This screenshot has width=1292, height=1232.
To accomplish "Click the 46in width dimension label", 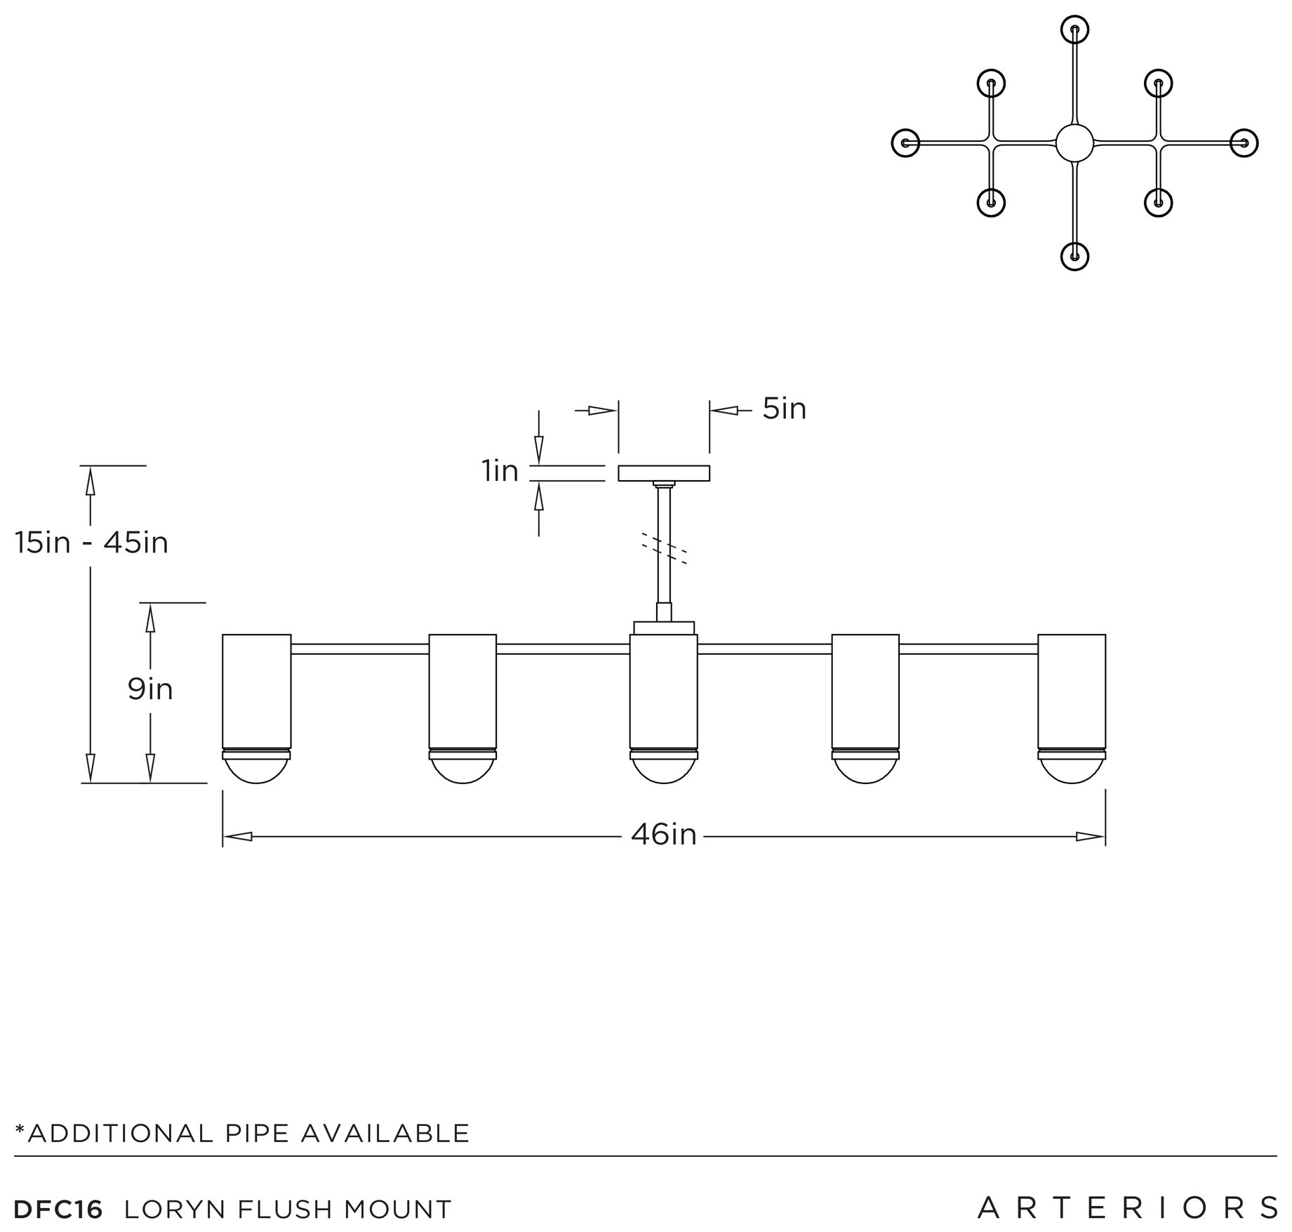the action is tap(663, 835).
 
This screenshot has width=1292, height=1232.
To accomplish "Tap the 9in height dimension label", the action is tap(150, 689).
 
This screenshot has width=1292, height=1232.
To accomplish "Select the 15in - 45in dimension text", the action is tap(92, 543).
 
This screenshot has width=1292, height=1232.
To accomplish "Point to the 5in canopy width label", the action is tap(785, 409).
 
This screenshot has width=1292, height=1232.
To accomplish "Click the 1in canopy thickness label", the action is tap(500, 470).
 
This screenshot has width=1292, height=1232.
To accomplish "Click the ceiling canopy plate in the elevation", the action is tap(664, 473).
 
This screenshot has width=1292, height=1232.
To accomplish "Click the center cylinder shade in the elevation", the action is tap(664, 691).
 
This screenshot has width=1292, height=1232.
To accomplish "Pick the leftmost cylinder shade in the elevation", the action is tap(256, 691).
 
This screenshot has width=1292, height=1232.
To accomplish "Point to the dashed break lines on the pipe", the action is tap(664, 548).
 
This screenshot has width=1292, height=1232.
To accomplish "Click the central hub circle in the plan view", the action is tap(1074, 143).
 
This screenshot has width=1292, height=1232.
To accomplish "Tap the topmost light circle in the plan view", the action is tap(1074, 30).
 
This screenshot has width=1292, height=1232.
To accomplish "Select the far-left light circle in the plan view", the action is tap(905, 143).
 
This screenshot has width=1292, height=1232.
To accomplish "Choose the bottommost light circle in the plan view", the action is tap(1074, 256).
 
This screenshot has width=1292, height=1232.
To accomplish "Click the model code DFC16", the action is tap(58, 1209).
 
